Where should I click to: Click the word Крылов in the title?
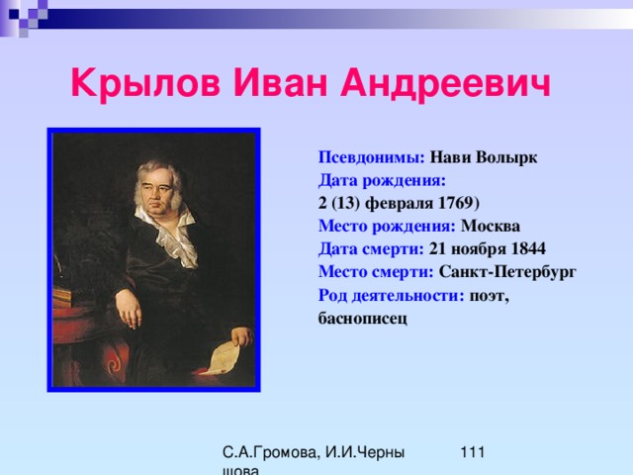(145, 83)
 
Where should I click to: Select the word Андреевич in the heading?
(445, 83)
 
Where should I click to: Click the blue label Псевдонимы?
(372, 157)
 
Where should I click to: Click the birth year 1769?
(456, 203)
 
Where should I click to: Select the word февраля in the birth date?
(399, 203)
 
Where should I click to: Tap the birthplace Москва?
(491, 226)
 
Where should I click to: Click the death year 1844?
(528, 248)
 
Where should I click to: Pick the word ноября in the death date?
(479, 249)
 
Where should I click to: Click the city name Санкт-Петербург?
(507, 272)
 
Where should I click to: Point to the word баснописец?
(363, 319)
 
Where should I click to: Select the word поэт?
(489, 296)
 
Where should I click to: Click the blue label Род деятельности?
(392, 295)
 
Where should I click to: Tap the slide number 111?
(473, 452)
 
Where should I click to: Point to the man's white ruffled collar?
(169, 236)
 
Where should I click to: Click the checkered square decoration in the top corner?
(24, 16)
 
